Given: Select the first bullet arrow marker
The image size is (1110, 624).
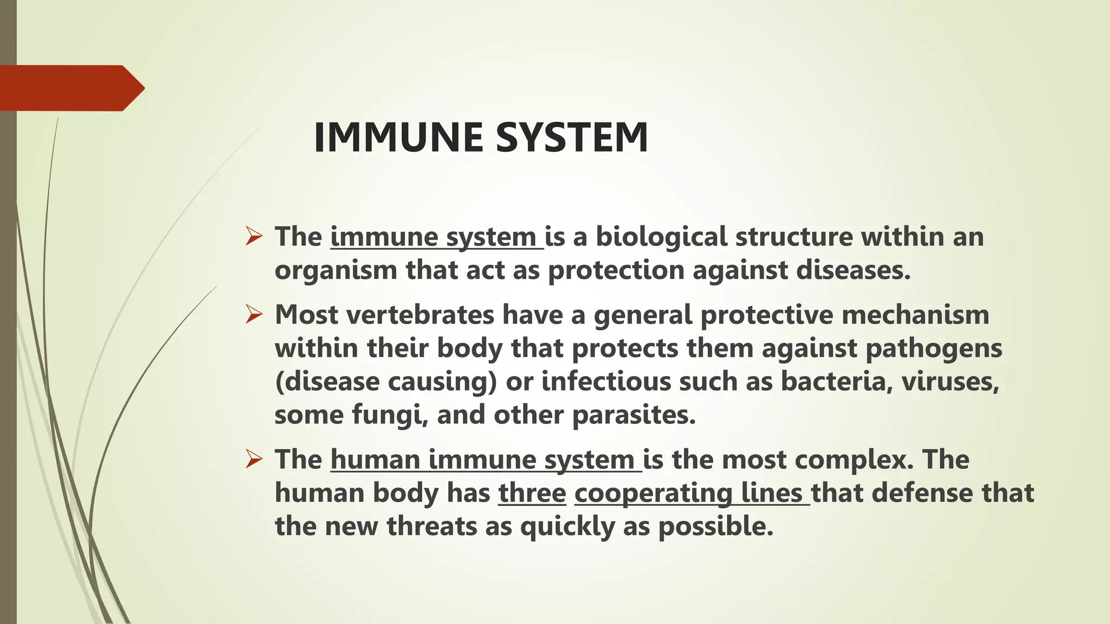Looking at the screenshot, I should (x=254, y=236).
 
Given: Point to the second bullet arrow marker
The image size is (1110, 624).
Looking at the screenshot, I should (x=254, y=314).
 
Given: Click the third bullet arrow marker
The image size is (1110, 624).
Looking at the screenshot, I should (x=254, y=459).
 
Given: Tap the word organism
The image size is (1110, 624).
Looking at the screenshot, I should (x=336, y=270).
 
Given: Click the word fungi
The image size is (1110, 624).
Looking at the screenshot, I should (x=387, y=415).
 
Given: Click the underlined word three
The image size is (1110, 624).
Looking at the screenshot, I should (x=532, y=493).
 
